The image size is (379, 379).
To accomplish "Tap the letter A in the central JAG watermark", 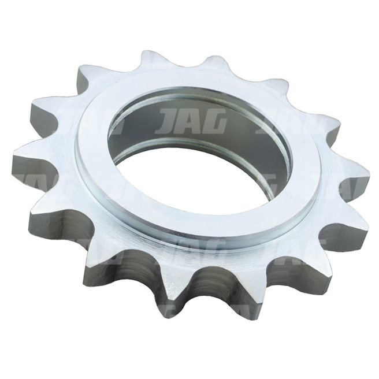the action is point(192,121).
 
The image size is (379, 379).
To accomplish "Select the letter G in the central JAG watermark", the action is point(214,121).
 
